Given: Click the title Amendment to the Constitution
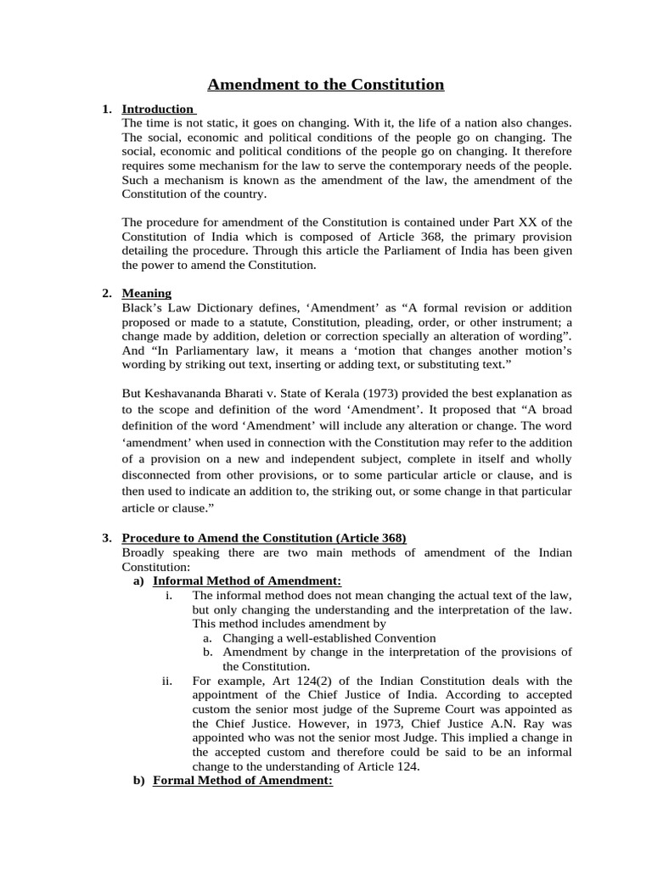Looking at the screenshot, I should [326, 84].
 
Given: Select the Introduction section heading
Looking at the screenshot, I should [158, 109].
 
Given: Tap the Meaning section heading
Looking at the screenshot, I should [146, 293].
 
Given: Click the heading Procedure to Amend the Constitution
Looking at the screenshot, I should [264, 538].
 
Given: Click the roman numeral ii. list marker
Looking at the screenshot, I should [167, 681].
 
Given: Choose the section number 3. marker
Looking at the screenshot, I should [107, 538].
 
